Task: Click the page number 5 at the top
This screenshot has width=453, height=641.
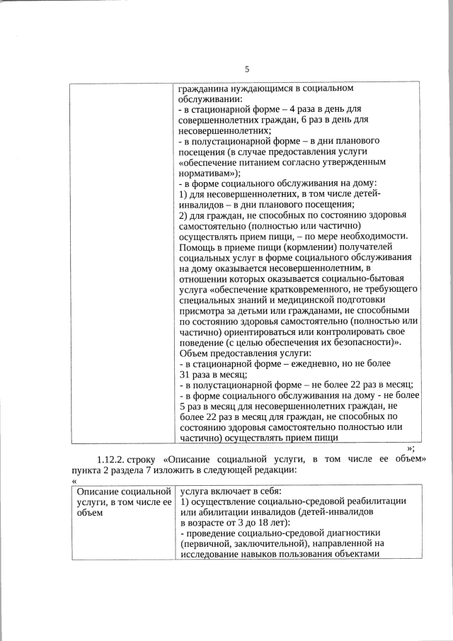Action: tap(246, 69)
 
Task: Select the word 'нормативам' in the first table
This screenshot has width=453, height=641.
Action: tap(207, 172)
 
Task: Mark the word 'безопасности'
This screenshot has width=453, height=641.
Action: tap(358, 341)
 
